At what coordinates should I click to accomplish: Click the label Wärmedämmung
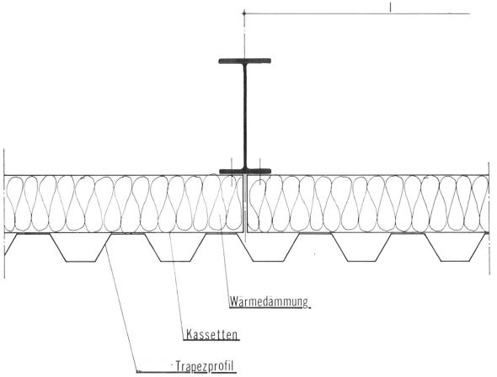point(269,301)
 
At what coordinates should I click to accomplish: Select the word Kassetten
point(211,334)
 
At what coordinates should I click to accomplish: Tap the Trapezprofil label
point(205,366)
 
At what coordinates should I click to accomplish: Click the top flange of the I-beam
point(244,61)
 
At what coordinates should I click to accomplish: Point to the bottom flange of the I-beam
point(245,171)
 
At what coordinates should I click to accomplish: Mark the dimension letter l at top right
point(391,8)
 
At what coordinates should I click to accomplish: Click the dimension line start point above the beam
point(243,13)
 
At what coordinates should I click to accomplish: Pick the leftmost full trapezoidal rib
point(81,247)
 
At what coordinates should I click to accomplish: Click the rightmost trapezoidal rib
point(456,247)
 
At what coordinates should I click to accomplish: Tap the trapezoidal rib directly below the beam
point(269,247)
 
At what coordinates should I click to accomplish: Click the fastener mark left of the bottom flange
point(232,172)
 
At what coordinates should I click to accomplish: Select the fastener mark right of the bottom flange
point(260,172)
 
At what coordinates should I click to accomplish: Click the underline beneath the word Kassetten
point(211,340)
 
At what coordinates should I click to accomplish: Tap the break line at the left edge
point(4,214)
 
